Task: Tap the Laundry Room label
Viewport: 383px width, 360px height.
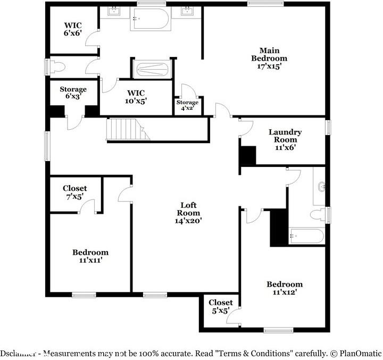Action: click(x=285, y=139)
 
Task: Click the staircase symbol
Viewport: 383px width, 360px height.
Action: click(x=128, y=129)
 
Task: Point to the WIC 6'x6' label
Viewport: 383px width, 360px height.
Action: click(x=73, y=29)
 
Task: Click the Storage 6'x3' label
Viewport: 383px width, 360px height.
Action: click(x=72, y=93)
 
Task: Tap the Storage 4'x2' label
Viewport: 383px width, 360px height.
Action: click(x=187, y=105)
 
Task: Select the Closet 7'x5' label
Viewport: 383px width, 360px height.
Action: click(x=74, y=192)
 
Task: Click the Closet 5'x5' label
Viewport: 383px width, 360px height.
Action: click(x=220, y=307)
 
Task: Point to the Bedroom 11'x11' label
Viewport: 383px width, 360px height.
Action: click(x=90, y=256)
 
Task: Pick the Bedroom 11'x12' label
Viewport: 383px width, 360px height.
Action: click(x=285, y=288)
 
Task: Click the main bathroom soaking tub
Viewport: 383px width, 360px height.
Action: click(x=151, y=20)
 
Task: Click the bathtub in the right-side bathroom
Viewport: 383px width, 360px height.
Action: click(x=306, y=236)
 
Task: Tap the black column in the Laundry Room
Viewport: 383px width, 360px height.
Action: click(x=248, y=155)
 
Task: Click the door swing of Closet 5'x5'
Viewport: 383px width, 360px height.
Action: click(x=232, y=318)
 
